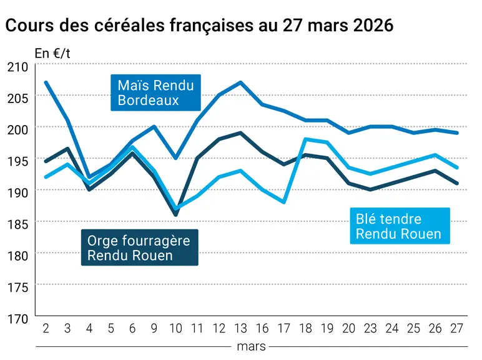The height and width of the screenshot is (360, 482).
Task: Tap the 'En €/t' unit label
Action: click(x=52, y=54)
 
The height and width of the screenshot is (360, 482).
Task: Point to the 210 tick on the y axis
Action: click(x=17, y=67)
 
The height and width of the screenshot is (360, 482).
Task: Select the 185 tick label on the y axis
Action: click(x=17, y=224)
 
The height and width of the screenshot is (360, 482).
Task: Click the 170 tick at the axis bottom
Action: click(x=17, y=319)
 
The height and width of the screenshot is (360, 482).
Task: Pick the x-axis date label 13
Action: click(x=241, y=329)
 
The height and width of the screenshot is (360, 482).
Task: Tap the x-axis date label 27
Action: click(x=457, y=329)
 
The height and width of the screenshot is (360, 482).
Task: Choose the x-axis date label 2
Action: click(x=46, y=329)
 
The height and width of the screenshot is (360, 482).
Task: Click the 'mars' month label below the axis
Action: click(x=251, y=346)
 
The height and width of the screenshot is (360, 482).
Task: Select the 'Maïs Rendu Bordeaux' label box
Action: click(x=155, y=92)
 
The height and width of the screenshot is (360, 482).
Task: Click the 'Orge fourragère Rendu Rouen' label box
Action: click(x=140, y=247)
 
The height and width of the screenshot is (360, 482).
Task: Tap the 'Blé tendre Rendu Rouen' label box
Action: click(x=400, y=226)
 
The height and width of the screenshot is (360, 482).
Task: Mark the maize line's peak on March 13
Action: click(x=241, y=82)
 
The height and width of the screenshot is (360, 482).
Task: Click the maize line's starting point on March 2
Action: click(x=46, y=82)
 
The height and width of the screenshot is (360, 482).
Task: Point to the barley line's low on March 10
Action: click(x=176, y=215)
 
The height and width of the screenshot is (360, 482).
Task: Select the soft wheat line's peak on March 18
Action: click(x=305, y=139)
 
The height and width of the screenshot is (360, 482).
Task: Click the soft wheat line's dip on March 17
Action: click(x=284, y=202)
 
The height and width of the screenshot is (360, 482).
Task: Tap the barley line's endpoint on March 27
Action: click(x=458, y=183)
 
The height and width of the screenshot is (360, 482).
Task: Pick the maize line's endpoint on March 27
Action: click(x=458, y=133)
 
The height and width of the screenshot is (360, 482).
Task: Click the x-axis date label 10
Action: click(x=176, y=329)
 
